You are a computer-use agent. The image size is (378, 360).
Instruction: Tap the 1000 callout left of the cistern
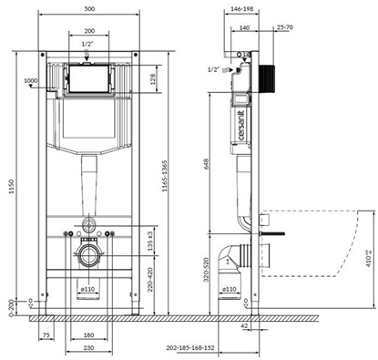click(34, 81)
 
